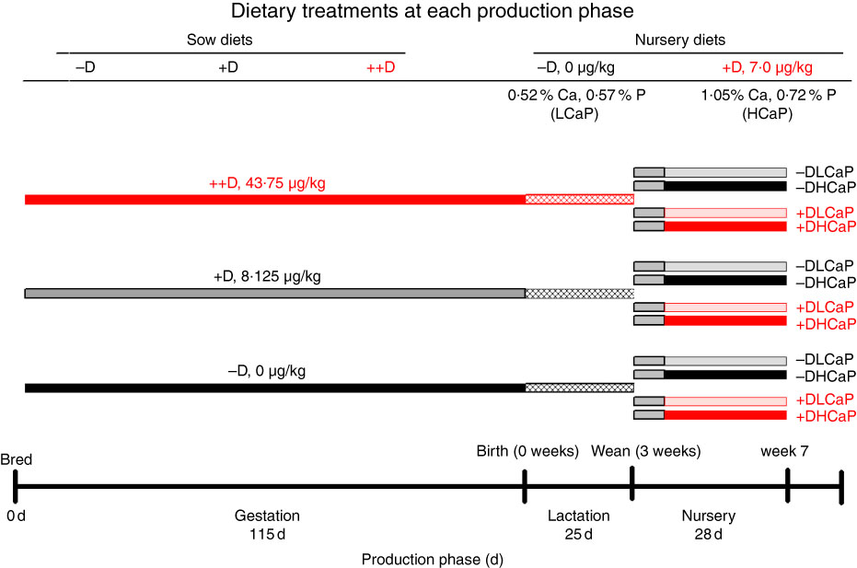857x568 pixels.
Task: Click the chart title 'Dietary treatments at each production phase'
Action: click(432, 11)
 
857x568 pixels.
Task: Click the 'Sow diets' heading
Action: click(220, 40)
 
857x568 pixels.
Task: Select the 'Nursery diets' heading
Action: click(680, 40)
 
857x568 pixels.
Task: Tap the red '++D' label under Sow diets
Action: click(380, 68)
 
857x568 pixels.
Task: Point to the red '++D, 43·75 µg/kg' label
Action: click(267, 183)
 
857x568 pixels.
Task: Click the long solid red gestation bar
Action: click(275, 200)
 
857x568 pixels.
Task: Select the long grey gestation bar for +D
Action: click(275, 294)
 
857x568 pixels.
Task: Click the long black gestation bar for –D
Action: click(275, 388)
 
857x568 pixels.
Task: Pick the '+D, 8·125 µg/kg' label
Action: click(267, 276)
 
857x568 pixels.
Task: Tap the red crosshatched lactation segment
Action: click(579, 200)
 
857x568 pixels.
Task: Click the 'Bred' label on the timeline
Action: click(17, 459)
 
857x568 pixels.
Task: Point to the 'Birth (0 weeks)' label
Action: click(527, 452)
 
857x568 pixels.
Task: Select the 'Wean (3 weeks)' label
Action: click(646, 452)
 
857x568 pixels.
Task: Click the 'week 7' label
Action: click(784, 452)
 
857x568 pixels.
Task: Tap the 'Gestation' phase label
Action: click(267, 516)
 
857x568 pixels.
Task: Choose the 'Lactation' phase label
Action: click(579, 516)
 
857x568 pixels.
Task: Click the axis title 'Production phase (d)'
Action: click(433, 560)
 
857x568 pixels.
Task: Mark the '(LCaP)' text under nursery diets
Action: click(574, 114)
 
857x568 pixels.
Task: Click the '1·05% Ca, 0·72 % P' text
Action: click(769, 95)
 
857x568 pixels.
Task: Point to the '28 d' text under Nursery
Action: click(709, 534)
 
